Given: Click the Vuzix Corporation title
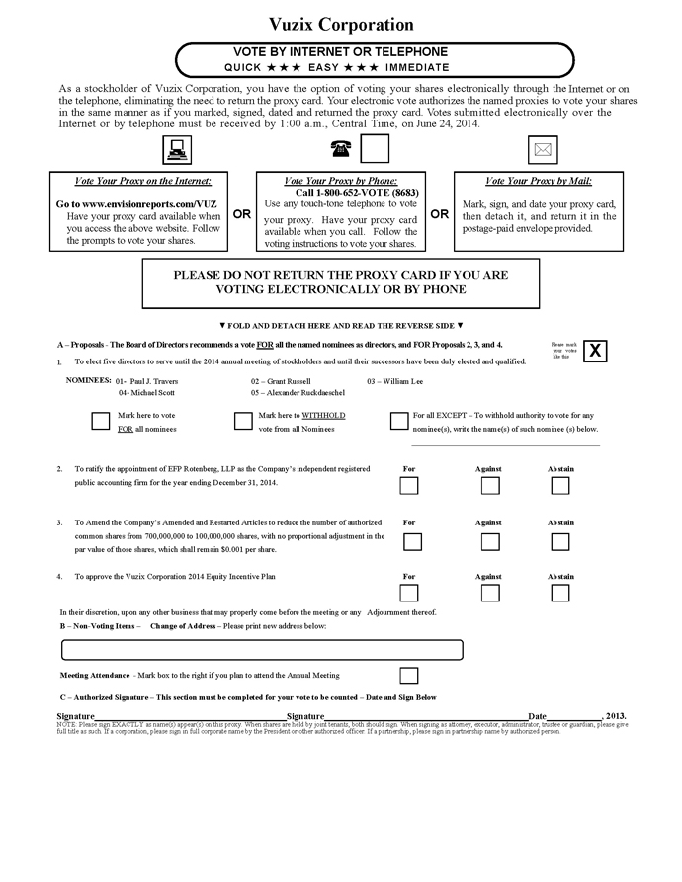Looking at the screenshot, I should tap(341, 25).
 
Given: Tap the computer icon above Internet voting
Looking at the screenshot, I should tap(177, 150).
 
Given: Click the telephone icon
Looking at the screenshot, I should tap(341, 149).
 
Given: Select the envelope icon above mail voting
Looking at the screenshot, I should tap(542, 150).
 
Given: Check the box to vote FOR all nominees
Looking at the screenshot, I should tap(100, 421).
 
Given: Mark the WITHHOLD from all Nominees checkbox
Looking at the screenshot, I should tap(243, 421).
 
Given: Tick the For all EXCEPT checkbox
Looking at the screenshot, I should tap(398, 422).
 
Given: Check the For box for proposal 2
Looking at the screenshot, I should tap(409, 485).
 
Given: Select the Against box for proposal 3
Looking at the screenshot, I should tap(490, 541).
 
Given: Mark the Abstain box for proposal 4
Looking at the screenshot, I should tap(560, 593).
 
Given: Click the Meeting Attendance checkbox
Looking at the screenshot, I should tap(409, 676).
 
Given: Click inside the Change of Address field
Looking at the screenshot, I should tap(262, 650).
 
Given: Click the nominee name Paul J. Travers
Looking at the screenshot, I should tap(154, 381).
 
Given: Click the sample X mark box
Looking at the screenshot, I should tap(595, 351).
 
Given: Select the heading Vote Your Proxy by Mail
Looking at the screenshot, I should tap(539, 181).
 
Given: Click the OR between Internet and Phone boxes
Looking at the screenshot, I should tap(241, 213).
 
